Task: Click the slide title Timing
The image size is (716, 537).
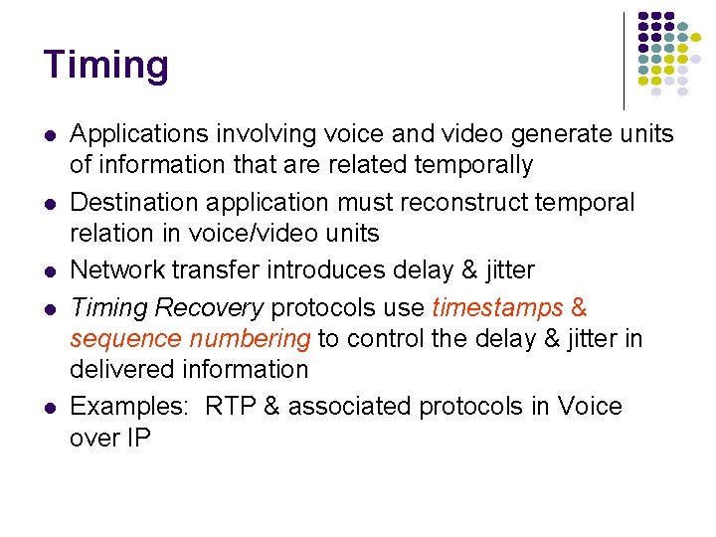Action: click(x=106, y=66)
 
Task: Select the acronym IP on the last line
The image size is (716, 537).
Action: click(x=137, y=437)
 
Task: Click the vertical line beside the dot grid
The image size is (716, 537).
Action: click(x=624, y=60)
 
